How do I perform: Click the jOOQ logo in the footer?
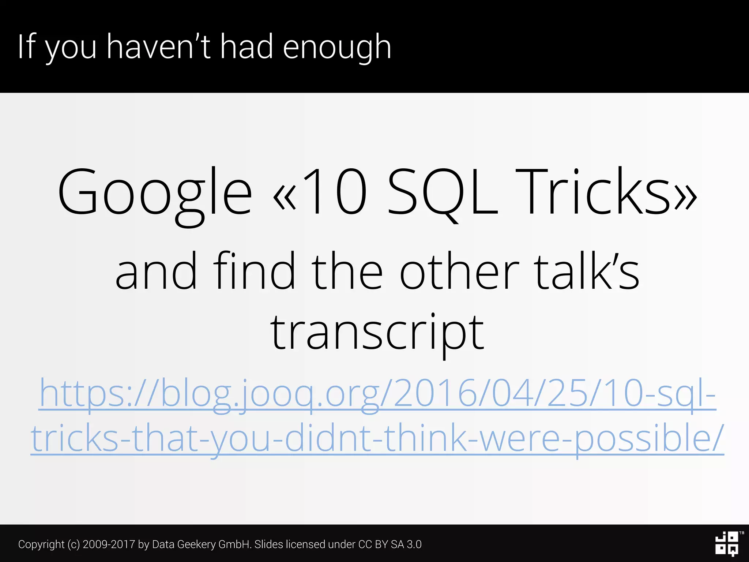point(727,544)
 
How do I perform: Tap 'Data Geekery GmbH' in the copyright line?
point(201,544)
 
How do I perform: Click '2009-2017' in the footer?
point(109,544)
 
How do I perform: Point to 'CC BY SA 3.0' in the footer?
point(390,544)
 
